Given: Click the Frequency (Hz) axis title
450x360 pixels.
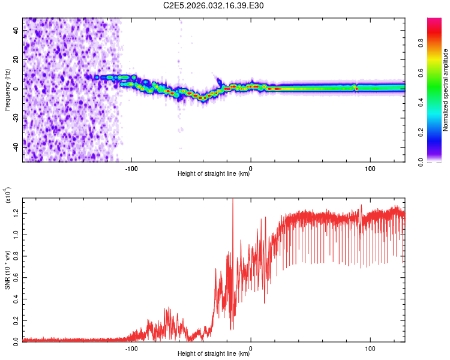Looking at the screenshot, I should (x=8, y=89).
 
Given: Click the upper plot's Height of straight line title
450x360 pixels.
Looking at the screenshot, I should (x=214, y=174).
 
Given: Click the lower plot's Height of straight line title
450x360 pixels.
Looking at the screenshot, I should (x=214, y=354).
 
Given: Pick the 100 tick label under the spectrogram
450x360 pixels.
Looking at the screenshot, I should (x=370, y=168).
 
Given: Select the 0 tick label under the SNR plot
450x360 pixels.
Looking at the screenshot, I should (x=251, y=348).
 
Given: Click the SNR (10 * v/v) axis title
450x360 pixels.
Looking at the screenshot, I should (x=8, y=269).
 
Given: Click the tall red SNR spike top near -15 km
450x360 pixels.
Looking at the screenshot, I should (x=233, y=200).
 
